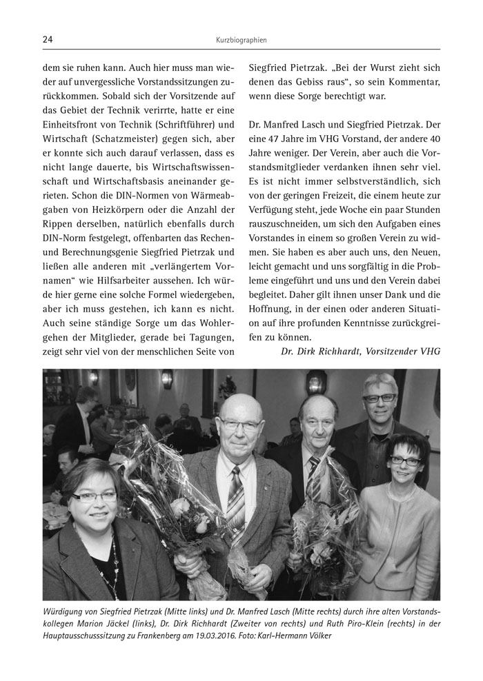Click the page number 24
pyautogui.click(x=48, y=40)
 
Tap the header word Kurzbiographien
pyautogui.click(x=241, y=41)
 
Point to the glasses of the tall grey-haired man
pyautogui.click(x=379, y=398)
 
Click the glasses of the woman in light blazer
pyautogui.click(x=405, y=460)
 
